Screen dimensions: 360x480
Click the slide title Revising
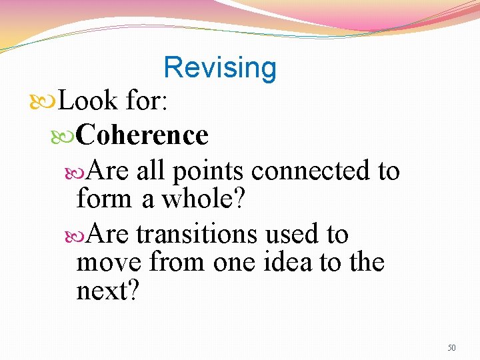click(x=219, y=67)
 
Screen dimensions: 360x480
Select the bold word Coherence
click(x=142, y=135)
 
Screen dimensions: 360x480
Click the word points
click(x=209, y=171)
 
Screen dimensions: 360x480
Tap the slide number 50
click(x=451, y=347)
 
